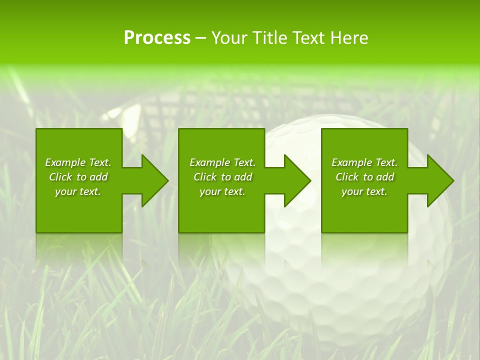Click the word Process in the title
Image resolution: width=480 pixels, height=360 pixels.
157,38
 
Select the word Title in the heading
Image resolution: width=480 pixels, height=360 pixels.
269,38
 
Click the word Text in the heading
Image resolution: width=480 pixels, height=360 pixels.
308,38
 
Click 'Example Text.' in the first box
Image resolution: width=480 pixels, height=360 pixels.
78,162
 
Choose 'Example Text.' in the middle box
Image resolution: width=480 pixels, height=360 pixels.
222,162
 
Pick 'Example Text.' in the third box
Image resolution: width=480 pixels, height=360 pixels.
364,162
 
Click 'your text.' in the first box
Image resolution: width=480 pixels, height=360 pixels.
78,191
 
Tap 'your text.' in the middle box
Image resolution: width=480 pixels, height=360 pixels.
222,191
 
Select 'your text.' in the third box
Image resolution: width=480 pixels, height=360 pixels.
364,191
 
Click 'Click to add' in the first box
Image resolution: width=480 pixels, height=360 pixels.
78,177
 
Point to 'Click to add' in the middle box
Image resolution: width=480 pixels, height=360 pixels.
222,177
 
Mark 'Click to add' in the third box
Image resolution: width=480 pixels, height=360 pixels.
364,177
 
